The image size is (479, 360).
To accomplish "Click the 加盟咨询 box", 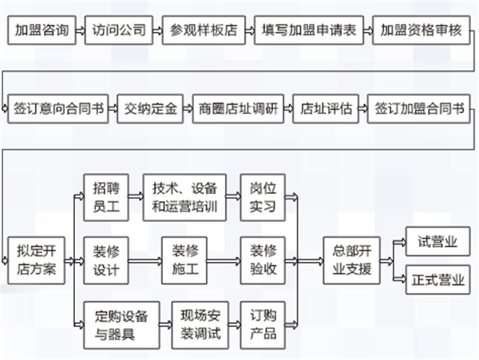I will [42, 32].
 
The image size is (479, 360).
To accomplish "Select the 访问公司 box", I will [119, 32].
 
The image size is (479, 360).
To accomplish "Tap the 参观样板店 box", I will [204, 32].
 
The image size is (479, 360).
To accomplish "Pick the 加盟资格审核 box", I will [420, 32].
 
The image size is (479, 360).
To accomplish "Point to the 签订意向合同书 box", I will [57, 109].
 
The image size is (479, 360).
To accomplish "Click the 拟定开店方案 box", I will [36, 258].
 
